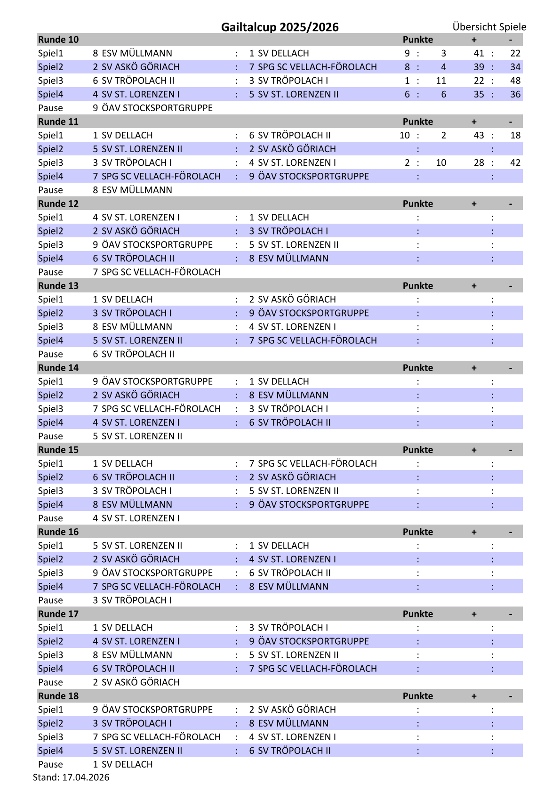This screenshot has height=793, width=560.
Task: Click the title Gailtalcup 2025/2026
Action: [280, 27]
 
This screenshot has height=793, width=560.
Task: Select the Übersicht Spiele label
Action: [489, 27]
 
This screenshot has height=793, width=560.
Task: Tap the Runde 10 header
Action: [58, 40]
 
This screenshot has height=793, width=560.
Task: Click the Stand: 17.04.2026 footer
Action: [71, 777]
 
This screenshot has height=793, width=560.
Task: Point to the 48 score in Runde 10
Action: [515, 81]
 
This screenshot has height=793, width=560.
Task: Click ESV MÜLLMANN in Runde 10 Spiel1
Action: [137, 53]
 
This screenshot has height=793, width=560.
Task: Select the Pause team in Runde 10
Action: [157, 108]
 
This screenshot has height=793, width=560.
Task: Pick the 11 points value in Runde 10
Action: [440, 81]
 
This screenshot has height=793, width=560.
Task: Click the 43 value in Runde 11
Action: [479, 135]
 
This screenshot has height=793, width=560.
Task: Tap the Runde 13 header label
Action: [58, 286]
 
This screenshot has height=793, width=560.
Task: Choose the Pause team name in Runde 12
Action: [161, 272]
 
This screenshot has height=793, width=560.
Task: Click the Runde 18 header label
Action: [58, 696]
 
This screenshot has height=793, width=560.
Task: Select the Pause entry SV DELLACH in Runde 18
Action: [127, 764]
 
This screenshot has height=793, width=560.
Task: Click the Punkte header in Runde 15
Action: [417, 450]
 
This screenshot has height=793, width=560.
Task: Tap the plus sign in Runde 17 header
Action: [474, 614]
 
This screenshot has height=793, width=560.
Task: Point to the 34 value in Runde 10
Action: [515, 67]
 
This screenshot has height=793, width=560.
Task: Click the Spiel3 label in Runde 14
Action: [50, 409]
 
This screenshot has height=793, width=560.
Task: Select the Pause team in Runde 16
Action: [136, 600]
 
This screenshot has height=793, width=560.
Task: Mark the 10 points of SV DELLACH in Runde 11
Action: [404, 135]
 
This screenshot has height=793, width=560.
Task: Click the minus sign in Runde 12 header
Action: [510, 204]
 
